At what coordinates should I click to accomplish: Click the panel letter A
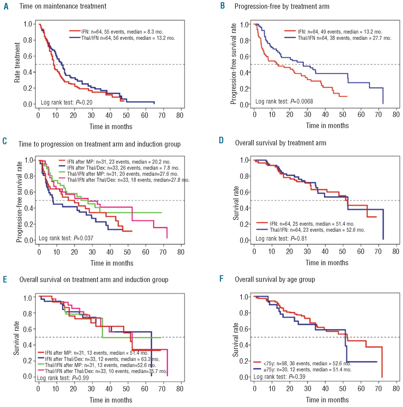6,6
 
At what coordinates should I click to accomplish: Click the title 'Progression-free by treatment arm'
282,6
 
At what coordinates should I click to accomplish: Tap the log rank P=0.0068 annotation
284,101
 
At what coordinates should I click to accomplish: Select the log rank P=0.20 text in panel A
66,102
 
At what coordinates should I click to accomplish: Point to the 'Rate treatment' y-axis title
17,63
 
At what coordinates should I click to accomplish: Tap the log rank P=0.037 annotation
66,238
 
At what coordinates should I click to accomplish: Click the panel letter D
221,141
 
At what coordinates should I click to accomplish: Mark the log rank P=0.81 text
281,238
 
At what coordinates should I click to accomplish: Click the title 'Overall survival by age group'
275,279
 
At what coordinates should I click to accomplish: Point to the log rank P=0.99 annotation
63,378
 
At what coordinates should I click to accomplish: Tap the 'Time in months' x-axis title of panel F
327,400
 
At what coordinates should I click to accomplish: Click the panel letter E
5,279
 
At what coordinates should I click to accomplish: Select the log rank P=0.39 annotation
279,377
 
